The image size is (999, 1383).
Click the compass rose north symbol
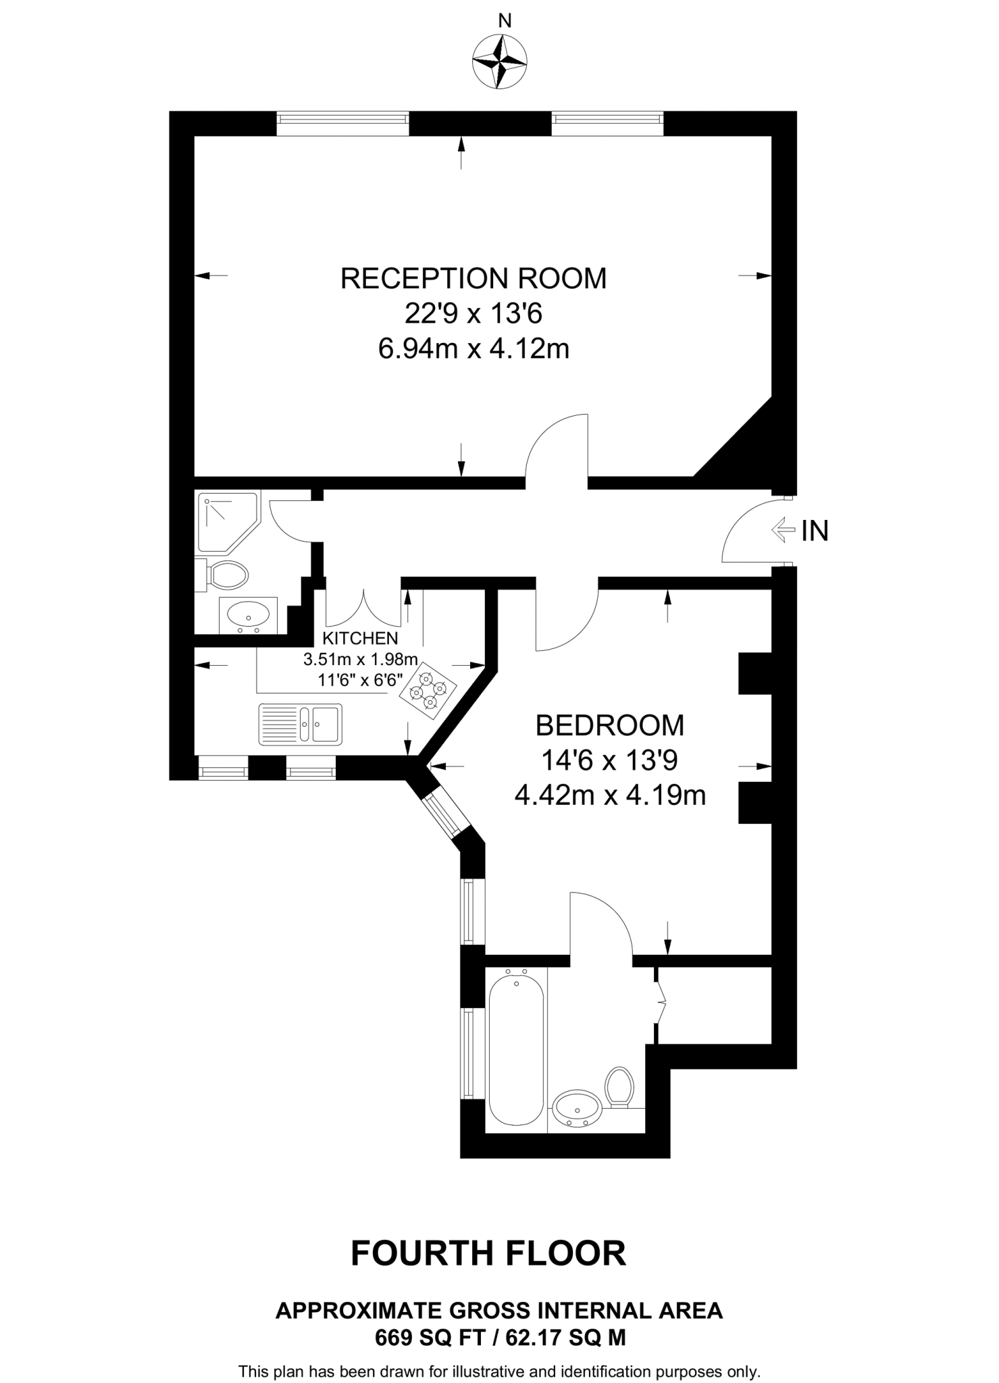(x=499, y=61)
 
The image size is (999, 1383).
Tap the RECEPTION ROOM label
(x=473, y=278)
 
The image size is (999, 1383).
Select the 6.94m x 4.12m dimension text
(x=473, y=349)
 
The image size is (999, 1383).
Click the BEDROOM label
(x=609, y=725)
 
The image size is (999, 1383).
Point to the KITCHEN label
(x=360, y=638)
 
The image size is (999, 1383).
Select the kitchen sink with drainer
(x=300, y=724)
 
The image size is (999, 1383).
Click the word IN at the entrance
(x=815, y=531)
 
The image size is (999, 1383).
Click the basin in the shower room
(x=247, y=615)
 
